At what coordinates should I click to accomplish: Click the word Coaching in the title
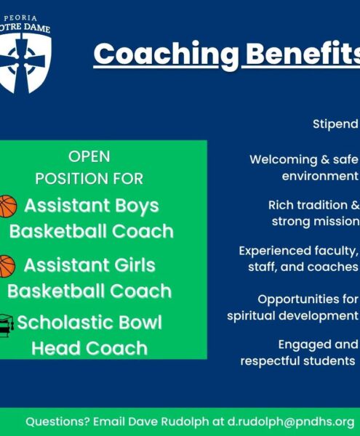point(166,54)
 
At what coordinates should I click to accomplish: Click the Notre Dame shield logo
point(25,63)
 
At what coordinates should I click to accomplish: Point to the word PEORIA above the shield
point(20,18)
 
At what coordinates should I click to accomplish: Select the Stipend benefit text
point(335,124)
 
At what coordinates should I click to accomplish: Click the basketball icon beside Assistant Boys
point(8,206)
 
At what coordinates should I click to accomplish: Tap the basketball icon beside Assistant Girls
point(7,266)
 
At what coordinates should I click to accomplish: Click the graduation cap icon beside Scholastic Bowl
point(6,326)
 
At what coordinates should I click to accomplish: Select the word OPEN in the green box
point(89,156)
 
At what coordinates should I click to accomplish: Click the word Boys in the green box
point(137,206)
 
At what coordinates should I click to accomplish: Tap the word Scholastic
point(64,323)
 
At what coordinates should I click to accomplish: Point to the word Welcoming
point(284,160)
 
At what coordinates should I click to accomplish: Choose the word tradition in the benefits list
point(322,205)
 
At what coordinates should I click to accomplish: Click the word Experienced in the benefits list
point(275,251)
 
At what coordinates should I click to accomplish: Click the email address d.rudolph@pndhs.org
point(291,421)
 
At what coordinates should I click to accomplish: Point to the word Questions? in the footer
point(57,421)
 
